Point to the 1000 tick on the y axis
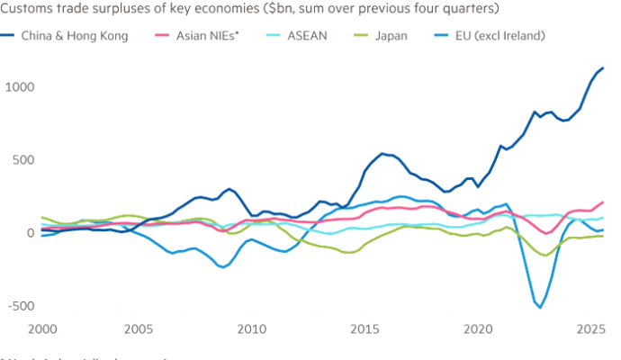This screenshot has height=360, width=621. (18, 86)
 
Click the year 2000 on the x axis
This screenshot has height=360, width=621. (44, 328)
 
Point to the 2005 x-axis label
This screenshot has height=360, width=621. (138, 328)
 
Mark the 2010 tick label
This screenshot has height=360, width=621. (251, 328)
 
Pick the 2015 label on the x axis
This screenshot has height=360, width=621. (364, 328)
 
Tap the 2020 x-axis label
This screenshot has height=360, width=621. (478, 328)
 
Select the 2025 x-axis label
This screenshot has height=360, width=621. (590, 328)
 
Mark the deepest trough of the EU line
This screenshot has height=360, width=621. (540, 306)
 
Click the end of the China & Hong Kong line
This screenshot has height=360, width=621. (603, 68)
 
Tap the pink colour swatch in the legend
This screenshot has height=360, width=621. (163, 37)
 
